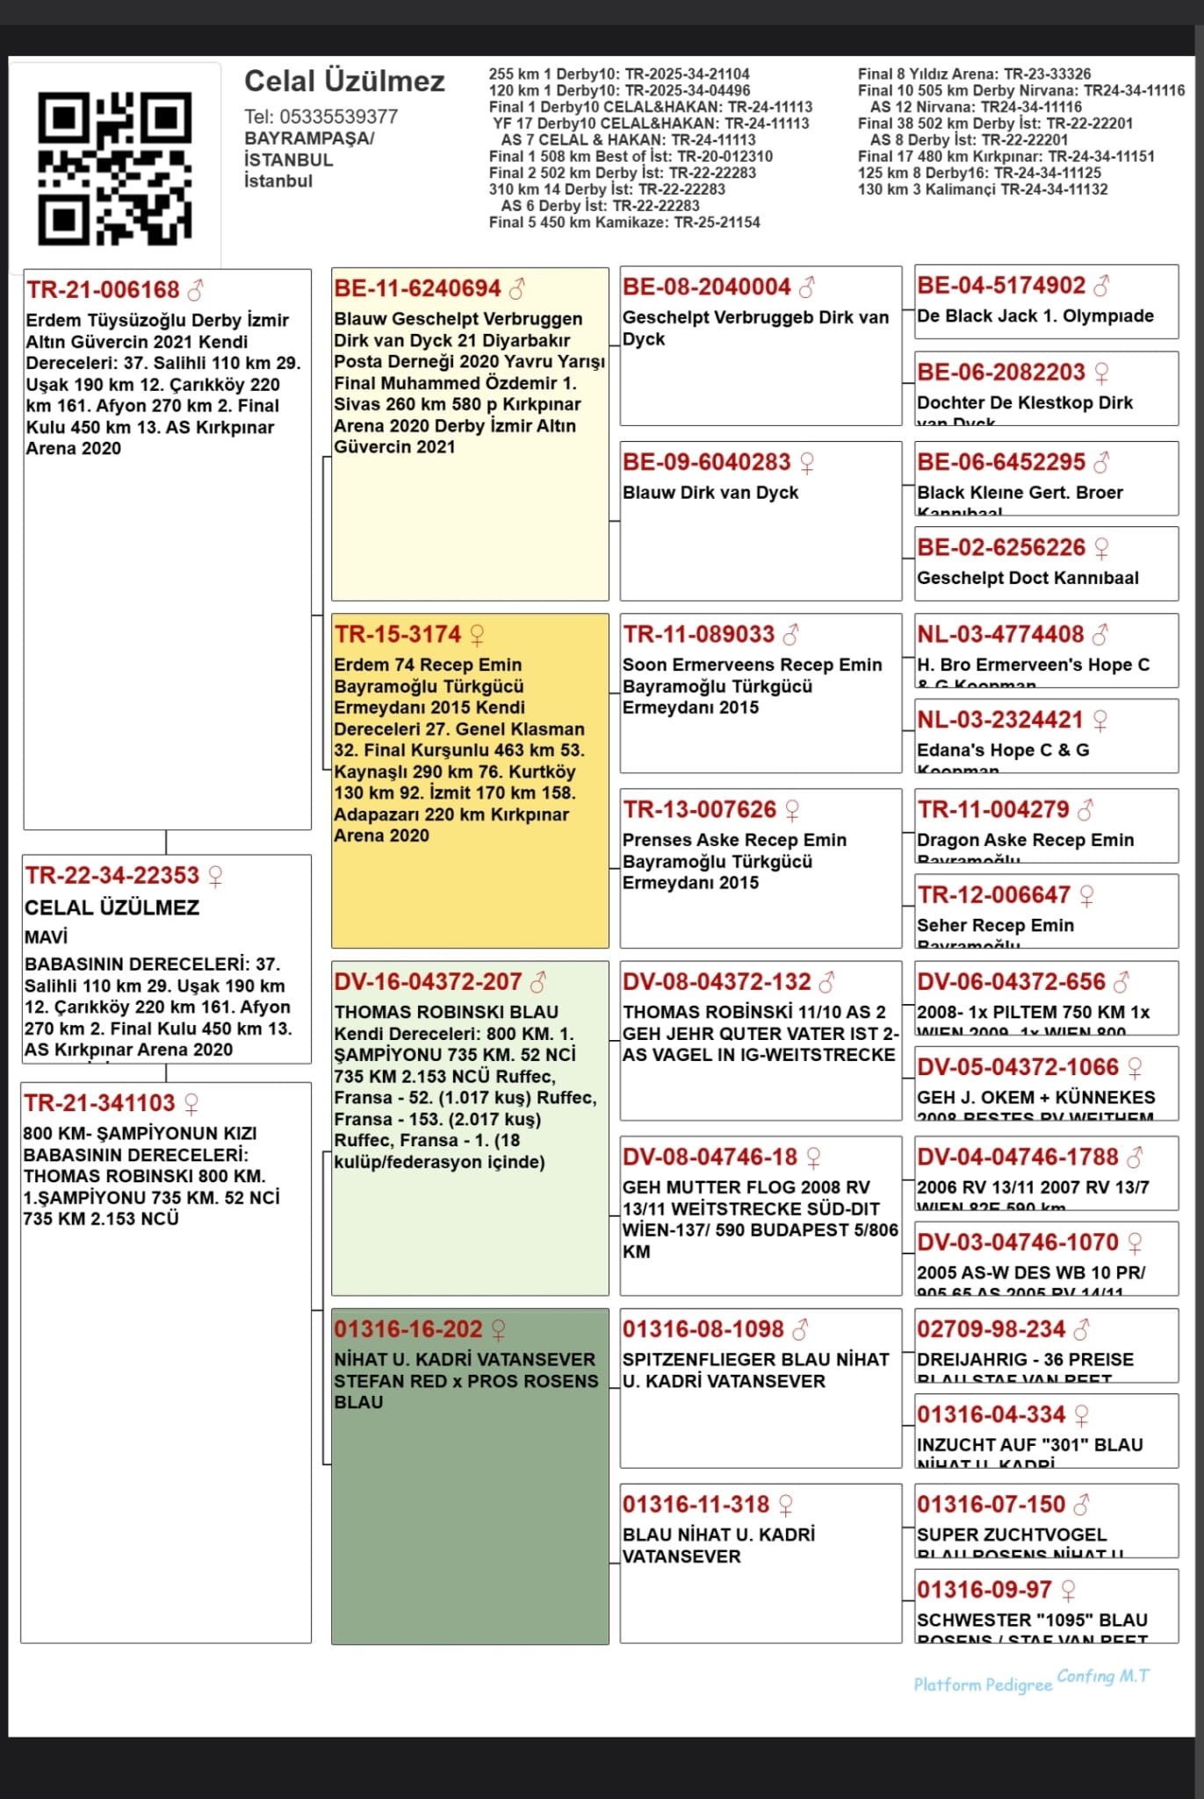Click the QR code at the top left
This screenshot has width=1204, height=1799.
[114, 168]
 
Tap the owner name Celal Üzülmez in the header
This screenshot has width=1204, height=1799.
[344, 81]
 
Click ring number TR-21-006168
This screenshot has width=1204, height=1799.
[103, 290]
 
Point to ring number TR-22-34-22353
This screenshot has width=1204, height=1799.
[112, 875]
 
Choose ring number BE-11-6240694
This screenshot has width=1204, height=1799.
[417, 288]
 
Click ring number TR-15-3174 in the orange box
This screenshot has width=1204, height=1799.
[397, 634]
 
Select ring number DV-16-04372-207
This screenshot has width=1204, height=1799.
[428, 981]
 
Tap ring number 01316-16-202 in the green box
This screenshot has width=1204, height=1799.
[408, 1329]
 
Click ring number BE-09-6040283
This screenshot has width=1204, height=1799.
[707, 462]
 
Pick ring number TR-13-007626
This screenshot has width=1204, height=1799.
[700, 809]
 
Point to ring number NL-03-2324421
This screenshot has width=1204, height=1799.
[1000, 719]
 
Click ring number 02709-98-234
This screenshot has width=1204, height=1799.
[991, 1329]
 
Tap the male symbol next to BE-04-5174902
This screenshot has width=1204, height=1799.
[1101, 285]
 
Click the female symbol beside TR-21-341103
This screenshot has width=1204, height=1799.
[191, 1103]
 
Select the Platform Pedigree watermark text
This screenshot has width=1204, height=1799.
[983, 1684]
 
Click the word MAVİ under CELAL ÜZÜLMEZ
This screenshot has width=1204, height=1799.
[47, 936]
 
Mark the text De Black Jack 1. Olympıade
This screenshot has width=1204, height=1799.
[1035, 315]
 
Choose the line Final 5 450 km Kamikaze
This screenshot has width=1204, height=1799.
[624, 222]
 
